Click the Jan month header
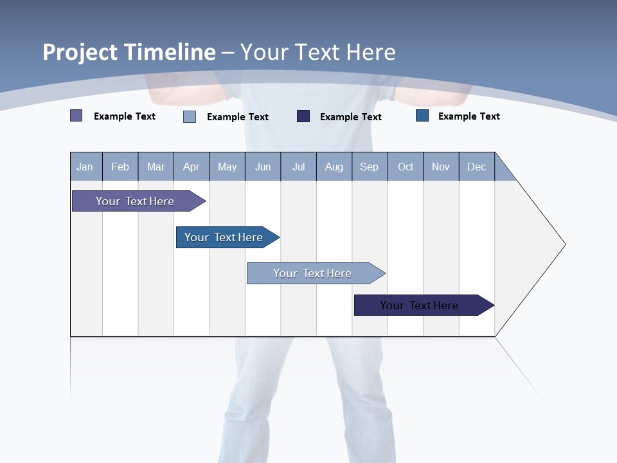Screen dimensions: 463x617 [85, 167]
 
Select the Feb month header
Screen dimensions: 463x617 [120, 167]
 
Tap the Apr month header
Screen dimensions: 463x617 [192, 167]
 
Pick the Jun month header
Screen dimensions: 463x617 [263, 167]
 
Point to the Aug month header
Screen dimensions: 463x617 [334, 167]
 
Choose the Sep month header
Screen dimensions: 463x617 [370, 167]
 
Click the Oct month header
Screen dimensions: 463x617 [406, 167]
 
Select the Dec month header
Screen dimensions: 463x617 [477, 167]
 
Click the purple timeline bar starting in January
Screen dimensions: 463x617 [136, 201]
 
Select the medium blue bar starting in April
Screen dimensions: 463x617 [224, 237]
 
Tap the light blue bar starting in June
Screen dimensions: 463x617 [313, 273]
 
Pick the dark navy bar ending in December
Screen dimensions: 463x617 [420, 305]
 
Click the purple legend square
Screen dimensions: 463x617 [76, 116]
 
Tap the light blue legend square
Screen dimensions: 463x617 [190, 116]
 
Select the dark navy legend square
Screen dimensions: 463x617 [303, 116]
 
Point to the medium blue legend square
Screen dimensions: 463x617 [422, 116]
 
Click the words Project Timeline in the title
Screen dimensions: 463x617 [129, 52]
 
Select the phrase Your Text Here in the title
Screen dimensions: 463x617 [317, 52]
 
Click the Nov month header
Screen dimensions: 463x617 [441, 167]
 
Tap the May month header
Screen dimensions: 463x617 [227, 167]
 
